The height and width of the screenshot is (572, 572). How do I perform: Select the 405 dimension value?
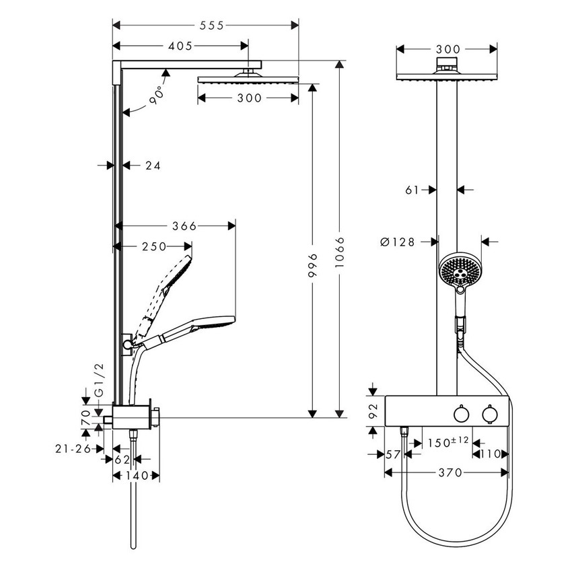pos(180,46)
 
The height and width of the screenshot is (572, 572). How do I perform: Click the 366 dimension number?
pos(184,226)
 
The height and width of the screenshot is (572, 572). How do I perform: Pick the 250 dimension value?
pos(153,247)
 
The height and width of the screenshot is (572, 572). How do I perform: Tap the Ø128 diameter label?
pos(396,242)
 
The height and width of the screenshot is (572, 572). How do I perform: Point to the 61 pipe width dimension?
pos(413,190)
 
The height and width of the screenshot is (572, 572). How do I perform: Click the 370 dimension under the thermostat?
pos(450,473)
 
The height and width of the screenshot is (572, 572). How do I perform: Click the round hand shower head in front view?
pos(459,270)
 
